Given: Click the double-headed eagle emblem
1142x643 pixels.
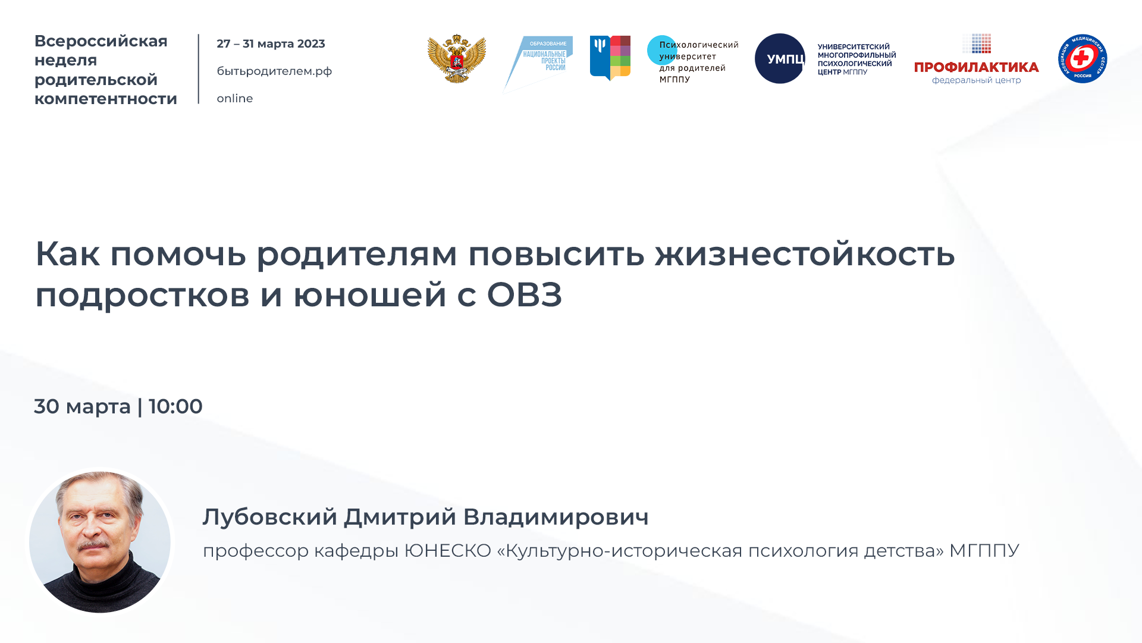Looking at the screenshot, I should [457, 58].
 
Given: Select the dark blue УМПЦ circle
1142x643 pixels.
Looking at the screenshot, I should [780, 58].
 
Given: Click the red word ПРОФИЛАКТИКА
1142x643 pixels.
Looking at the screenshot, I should [976, 67].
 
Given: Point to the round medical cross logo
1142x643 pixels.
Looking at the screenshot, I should [1082, 58].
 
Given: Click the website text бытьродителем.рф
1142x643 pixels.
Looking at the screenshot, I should [274, 71].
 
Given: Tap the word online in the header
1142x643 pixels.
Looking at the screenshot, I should [234, 99].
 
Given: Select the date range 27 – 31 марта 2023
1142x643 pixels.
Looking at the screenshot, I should [271, 44].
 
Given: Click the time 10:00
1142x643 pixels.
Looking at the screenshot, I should [175, 407].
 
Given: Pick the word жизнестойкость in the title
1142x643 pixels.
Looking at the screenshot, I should [805, 254].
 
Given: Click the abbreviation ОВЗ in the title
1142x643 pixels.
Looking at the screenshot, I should [524, 295].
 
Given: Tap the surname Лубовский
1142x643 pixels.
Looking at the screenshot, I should [270, 517].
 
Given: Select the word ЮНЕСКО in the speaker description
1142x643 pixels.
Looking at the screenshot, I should [447, 551].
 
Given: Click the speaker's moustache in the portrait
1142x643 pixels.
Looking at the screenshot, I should [93, 544].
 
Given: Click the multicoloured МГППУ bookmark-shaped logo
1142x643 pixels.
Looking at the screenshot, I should [610, 57].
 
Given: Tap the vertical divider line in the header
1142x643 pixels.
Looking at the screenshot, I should [199, 69].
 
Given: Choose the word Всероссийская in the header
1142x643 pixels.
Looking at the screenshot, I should [101, 41].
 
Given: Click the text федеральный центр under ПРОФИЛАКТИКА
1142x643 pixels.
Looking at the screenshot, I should [976, 80].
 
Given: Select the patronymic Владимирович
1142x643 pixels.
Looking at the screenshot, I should [556, 517].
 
